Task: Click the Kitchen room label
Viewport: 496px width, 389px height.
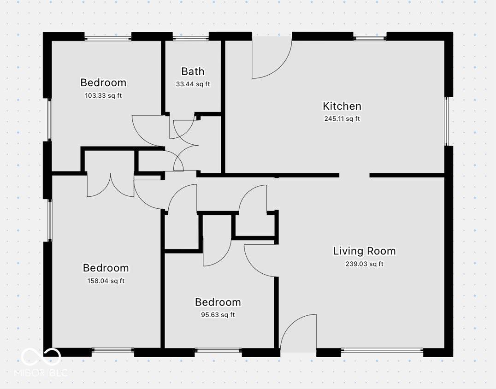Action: pos(342,106)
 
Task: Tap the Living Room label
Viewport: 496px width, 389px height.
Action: pos(365,251)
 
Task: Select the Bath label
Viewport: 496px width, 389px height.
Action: pos(193,71)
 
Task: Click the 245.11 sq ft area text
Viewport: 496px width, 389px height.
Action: pos(342,119)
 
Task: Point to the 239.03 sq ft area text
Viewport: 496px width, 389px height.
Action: pos(365,264)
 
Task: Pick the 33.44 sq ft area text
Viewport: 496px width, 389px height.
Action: pos(193,84)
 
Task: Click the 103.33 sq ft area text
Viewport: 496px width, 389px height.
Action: pos(103,95)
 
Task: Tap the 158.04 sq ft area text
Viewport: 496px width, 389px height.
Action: pos(106,281)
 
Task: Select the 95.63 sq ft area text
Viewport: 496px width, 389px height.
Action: pos(218,315)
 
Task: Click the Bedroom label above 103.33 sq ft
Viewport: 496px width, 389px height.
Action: pos(103,83)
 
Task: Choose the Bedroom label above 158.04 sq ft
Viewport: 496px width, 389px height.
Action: pos(106,268)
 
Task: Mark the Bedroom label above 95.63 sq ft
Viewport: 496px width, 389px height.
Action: pos(218,302)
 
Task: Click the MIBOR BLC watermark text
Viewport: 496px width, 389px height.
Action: pos(41,373)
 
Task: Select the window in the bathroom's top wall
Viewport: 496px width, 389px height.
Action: pos(191,39)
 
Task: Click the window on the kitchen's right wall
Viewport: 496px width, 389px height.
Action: pos(446,121)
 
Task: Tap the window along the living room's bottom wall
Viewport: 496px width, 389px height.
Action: pos(382,350)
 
